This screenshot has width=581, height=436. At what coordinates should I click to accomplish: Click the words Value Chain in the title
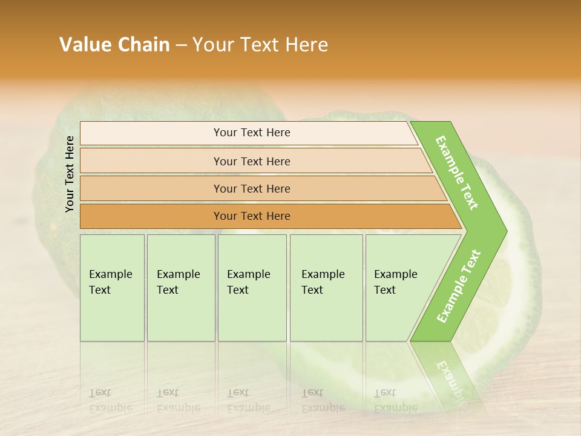(x=114, y=45)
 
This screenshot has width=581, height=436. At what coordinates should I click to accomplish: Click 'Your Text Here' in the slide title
(x=260, y=45)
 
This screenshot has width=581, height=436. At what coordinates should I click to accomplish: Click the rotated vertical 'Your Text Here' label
(x=70, y=174)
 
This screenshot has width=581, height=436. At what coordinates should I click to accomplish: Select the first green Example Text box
(x=112, y=288)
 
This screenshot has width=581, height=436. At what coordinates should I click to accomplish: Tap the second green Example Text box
(x=181, y=288)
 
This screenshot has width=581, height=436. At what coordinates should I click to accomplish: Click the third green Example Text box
(x=252, y=288)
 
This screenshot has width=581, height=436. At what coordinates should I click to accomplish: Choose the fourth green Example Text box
(x=326, y=288)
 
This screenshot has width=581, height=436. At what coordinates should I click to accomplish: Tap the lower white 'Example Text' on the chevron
(x=459, y=286)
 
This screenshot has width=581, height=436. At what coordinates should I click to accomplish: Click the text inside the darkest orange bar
(x=252, y=216)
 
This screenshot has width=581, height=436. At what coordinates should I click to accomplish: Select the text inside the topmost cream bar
(x=252, y=133)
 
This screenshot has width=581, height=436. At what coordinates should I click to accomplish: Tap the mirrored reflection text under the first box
(x=110, y=400)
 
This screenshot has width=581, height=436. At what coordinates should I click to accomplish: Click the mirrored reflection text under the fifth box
(x=395, y=400)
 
